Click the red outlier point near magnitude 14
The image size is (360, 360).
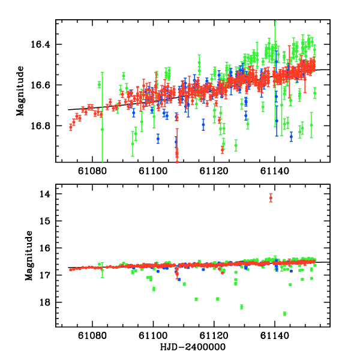[x=271, y=197]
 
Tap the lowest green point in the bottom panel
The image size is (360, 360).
[x=284, y=313]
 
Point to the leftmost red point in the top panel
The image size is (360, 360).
[x=71, y=127]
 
